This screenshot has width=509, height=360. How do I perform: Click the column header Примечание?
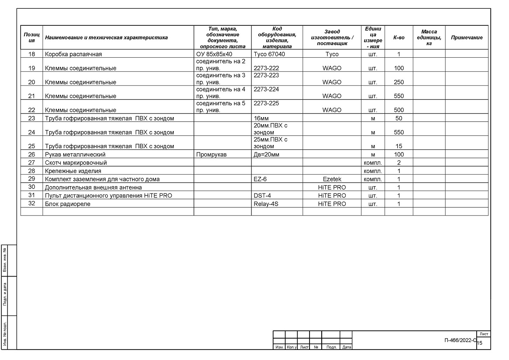tap(467, 38)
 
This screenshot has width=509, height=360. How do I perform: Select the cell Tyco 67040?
tap(269, 55)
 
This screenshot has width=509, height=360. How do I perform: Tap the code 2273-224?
tap(266, 90)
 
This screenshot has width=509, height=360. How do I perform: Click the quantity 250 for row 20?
tap(399, 82)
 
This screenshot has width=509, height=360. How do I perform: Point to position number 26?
tap(31, 155)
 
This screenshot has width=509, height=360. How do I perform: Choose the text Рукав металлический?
tap(76, 155)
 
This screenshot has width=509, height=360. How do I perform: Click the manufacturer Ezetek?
tap(332, 180)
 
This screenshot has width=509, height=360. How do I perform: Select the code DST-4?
tap(262, 196)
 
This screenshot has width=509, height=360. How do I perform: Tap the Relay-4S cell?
tap(266, 204)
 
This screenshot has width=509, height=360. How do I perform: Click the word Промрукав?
tap(211, 155)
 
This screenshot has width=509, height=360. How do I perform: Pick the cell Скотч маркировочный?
tap(76, 163)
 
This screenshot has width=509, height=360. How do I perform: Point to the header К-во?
tap(399, 38)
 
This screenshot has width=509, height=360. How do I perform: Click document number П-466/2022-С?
tap(460, 340)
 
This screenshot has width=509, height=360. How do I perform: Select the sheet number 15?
tap(480, 343)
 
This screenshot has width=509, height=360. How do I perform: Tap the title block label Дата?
tap(347, 347)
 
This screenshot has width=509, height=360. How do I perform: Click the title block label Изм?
tap(279, 347)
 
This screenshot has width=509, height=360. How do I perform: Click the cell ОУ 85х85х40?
tap(214, 55)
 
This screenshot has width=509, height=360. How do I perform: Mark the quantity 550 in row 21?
tap(399, 96)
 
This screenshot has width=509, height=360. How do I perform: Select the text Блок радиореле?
tap(68, 204)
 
